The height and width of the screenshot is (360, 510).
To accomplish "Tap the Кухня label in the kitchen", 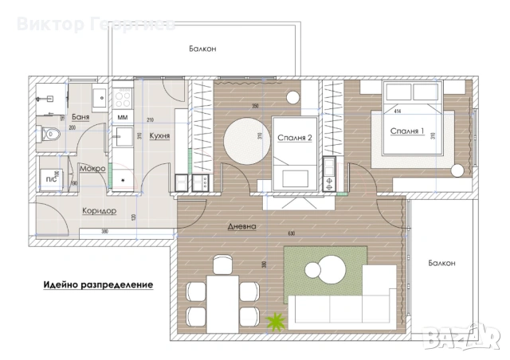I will pos(159,136).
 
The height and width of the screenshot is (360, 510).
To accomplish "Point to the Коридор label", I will pos(99,211).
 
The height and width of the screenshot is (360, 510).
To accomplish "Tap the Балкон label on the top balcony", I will pos(202,49).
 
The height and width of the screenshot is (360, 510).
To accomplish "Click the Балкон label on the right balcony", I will pos(441,263).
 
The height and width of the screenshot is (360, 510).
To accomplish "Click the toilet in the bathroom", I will pos(50,135).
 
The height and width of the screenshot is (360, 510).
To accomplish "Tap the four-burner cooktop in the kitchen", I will pos(124,98).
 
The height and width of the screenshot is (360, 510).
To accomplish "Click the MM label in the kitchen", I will pos(123,118).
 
